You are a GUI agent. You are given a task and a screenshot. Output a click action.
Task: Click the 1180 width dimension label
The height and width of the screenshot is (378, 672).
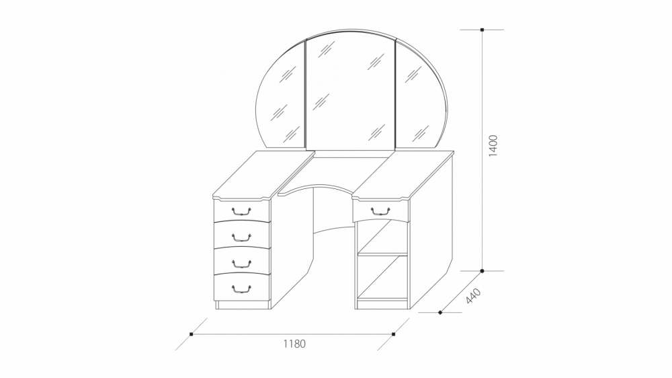click(294, 344)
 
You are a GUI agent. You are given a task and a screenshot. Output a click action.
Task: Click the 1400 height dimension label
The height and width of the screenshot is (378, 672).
click(493, 145)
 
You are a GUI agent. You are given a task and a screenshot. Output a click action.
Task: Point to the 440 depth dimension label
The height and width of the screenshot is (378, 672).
click(474, 297)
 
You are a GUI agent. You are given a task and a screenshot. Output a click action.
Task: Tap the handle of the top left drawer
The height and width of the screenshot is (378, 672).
click(241, 211)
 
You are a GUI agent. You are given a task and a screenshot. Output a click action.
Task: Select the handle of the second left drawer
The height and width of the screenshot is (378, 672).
click(241, 236)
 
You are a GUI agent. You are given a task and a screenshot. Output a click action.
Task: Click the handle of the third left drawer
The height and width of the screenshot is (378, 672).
click(241, 262)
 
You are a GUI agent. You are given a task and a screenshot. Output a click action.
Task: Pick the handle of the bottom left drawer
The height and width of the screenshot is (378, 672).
click(241, 289)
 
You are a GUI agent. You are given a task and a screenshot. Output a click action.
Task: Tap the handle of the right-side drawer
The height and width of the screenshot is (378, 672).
click(380, 211)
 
